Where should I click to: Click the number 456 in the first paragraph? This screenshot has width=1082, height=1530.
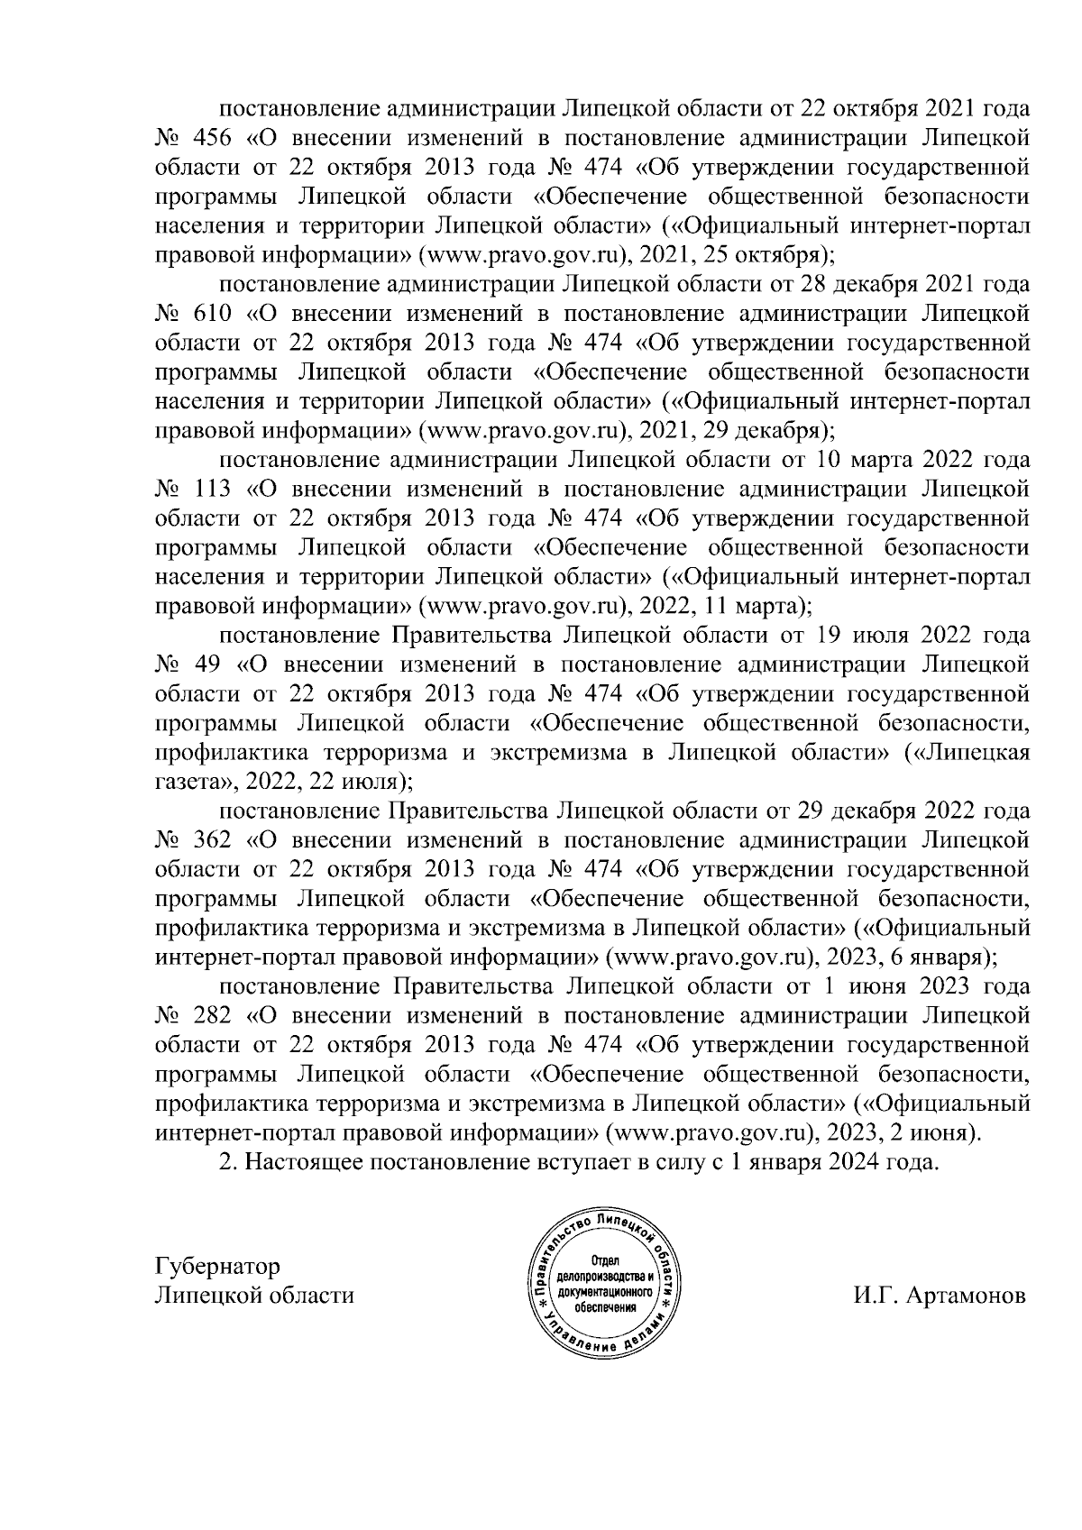[212, 139]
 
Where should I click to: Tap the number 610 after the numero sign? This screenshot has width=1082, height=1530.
[212, 314]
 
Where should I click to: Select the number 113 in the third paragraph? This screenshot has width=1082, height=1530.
[212, 490]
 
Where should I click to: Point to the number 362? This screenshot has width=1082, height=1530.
[212, 840]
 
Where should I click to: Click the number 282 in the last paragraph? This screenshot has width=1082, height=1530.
[212, 1015]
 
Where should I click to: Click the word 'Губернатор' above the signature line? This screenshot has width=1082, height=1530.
[217, 1266]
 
